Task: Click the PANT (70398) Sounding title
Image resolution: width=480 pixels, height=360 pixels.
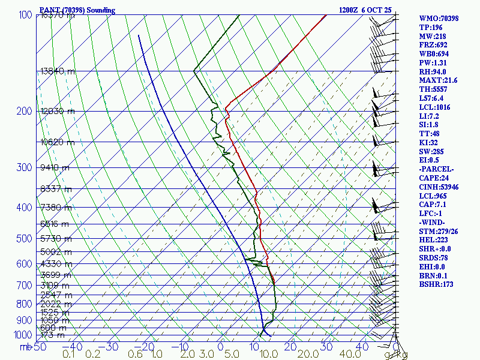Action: click(x=77, y=10)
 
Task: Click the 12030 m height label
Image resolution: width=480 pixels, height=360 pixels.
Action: click(x=58, y=111)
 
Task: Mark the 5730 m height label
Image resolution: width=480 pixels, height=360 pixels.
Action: click(x=55, y=239)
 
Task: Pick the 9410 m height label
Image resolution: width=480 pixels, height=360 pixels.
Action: click(x=55, y=167)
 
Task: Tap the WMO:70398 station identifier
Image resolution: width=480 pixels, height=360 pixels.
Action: click(x=439, y=18)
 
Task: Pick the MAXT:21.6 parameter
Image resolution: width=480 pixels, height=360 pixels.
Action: click(x=438, y=80)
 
